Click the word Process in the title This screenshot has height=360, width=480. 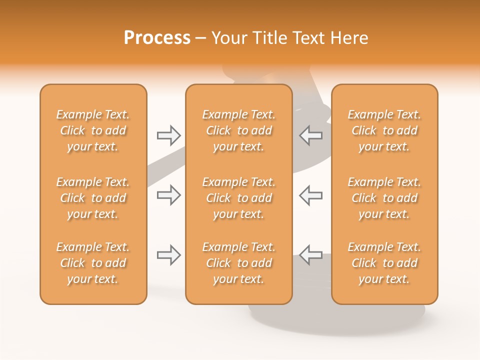[x=157, y=38]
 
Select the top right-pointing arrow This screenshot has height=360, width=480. [x=169, y=135]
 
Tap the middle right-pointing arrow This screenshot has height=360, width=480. [x=169, y=195]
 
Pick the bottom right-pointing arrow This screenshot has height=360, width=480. [x=169, y=255]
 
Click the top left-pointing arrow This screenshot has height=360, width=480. [x=310, y=135]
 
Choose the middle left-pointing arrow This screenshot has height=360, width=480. [x=310, y=195]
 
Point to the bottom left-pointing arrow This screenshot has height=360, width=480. [x=310, y=255]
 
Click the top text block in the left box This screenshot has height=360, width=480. [x=93, y=130]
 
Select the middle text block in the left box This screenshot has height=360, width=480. [x=93, y=198]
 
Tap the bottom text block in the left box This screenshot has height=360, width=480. [x=93, y=263]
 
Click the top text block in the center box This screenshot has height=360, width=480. [x=238, y=130]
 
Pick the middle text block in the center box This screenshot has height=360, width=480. [x=238, y=198]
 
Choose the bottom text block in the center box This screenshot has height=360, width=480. [x=238, y=263]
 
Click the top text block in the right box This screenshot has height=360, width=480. [x=384, y=130]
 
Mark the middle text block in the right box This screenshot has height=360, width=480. [x=384, y=198]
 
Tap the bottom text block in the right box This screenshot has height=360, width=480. [x=384, y=263]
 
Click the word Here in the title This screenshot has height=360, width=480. [x=350, y=38]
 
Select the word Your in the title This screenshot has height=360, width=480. [x=229, y=38]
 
